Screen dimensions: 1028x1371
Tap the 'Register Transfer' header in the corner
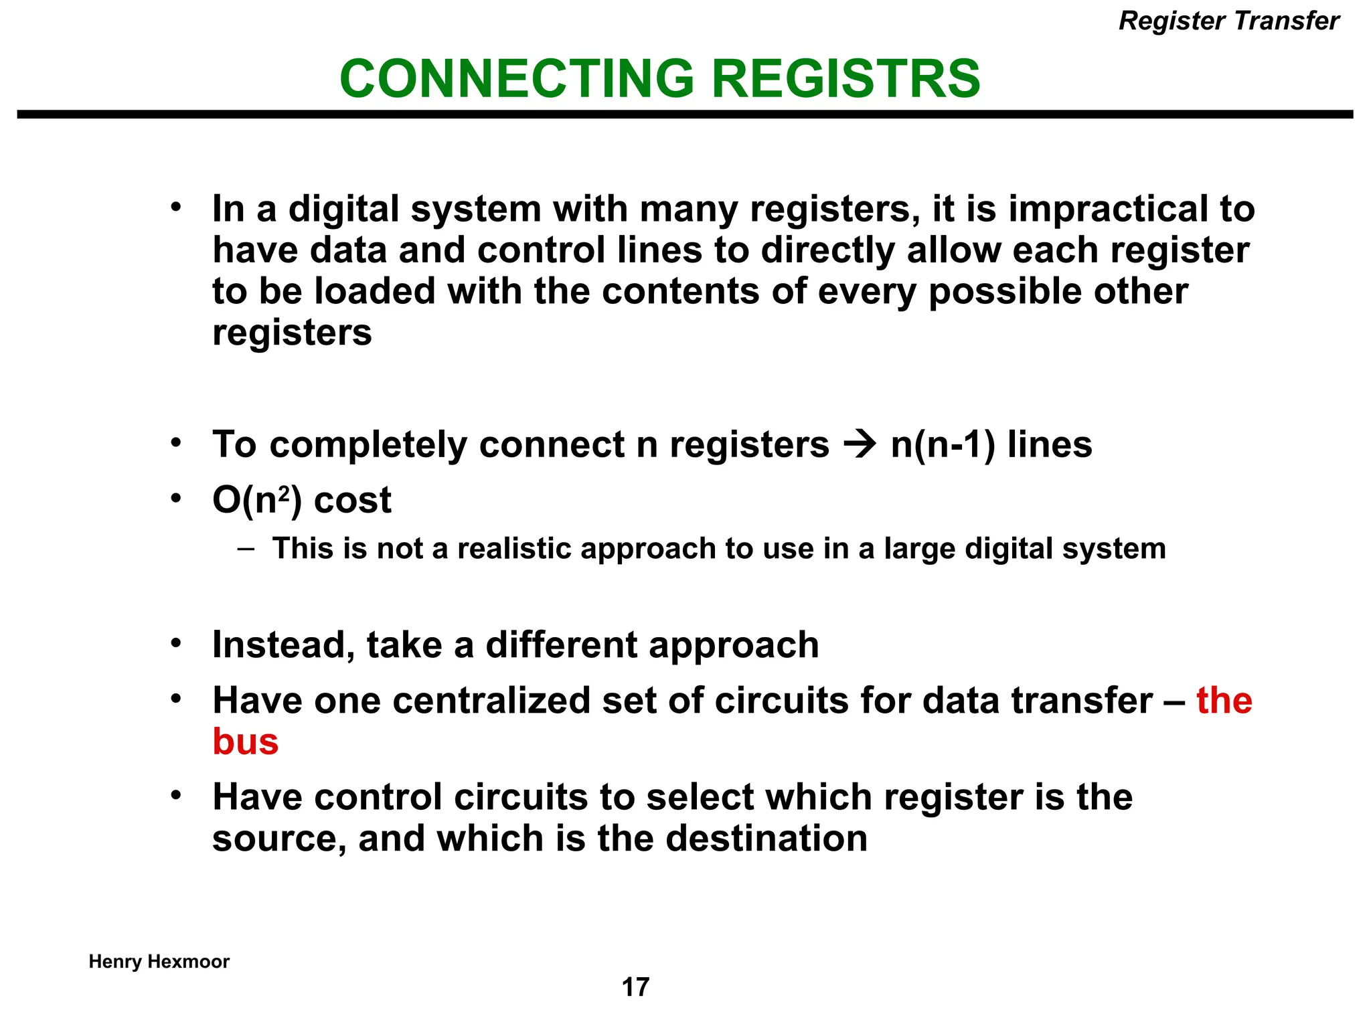tap(1228, 21)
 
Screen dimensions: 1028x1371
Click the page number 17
tap(635, 987)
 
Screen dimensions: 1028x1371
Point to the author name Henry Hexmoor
tap(159, 962)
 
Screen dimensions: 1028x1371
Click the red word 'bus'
tap(245, 742)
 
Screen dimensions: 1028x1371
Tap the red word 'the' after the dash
tap(1224, 701)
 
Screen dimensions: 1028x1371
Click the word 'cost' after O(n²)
tap(352, 501)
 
